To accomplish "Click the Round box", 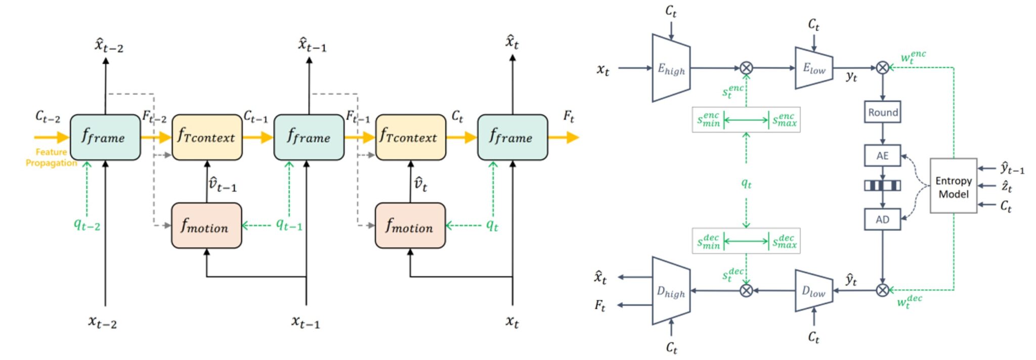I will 882,112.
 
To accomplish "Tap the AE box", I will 882,156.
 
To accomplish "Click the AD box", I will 882,219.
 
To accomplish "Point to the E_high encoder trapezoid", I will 671,68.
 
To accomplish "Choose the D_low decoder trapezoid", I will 813,291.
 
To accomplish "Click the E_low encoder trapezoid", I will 813,68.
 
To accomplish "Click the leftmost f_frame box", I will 105,137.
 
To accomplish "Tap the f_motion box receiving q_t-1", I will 206,226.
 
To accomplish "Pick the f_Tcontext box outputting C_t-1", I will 206,137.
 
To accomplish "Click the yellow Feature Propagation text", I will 51,157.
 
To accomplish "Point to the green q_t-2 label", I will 87,224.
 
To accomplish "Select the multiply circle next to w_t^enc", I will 882,67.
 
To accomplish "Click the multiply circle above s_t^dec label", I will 746,290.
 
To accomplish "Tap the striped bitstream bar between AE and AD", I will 882,186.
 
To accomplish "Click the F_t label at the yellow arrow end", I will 569,117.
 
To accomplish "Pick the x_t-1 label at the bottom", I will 306,322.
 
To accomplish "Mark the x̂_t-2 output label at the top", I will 109,46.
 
